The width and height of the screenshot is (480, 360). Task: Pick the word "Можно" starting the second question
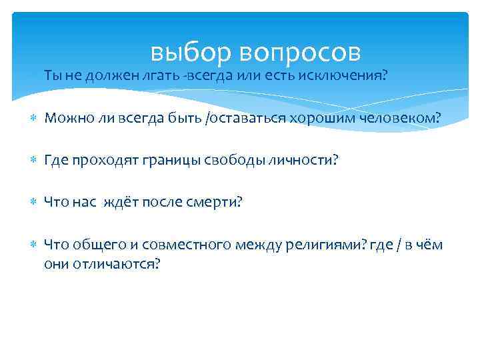64,118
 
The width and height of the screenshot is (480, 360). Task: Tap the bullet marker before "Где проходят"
33,160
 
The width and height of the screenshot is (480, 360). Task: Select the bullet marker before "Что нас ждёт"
33,202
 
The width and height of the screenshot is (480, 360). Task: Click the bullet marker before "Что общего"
33,245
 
